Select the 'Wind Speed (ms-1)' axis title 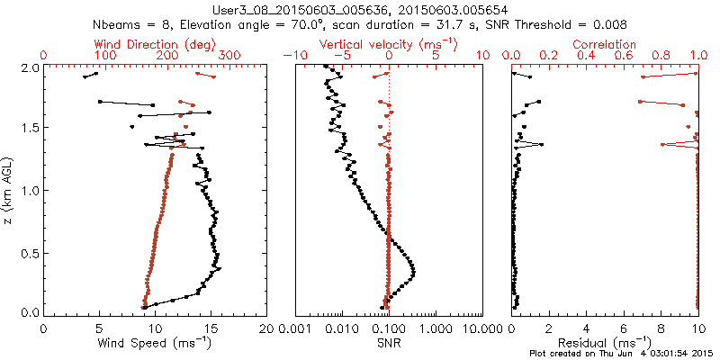[156, 342]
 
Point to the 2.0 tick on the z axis [29, 67]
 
